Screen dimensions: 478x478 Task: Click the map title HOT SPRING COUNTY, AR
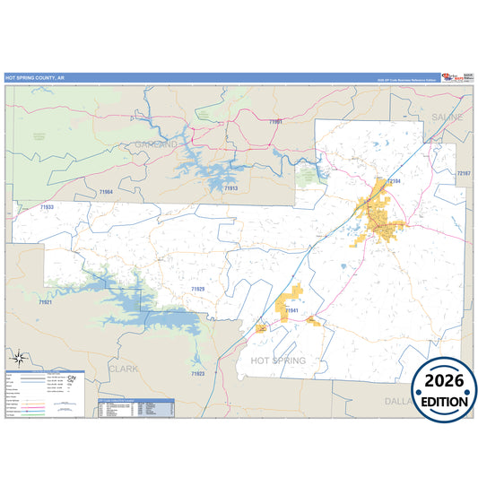pyautogui.click(x=35, y=79)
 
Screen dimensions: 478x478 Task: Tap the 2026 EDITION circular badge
pyautogui.click(x=444, y=389)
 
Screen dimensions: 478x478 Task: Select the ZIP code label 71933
pyautogui.click(x=48, y=207)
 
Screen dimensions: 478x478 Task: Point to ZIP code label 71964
pyautogui.click(x=107, y=192)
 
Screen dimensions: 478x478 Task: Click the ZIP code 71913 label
pyautogui.click(x=230, y=188)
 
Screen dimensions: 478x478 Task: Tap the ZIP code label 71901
pyautogui.click(x=275, y=121)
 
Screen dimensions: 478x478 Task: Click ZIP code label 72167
pyautogui.click(x=463, y=172)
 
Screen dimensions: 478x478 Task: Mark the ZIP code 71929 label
pyautogui.click(x=197, y=289)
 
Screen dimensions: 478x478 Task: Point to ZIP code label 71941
pyautogui.click(x=291, y=310)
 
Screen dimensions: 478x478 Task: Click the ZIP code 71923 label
pyautogui.click(x=197, y=373)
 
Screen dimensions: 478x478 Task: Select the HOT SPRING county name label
pyautogui.click(x=278, y=361)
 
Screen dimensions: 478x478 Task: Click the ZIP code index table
pyautogui.click(x=135, y=406)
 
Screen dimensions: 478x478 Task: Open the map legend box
pyautogui.click(x=45, y=395)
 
